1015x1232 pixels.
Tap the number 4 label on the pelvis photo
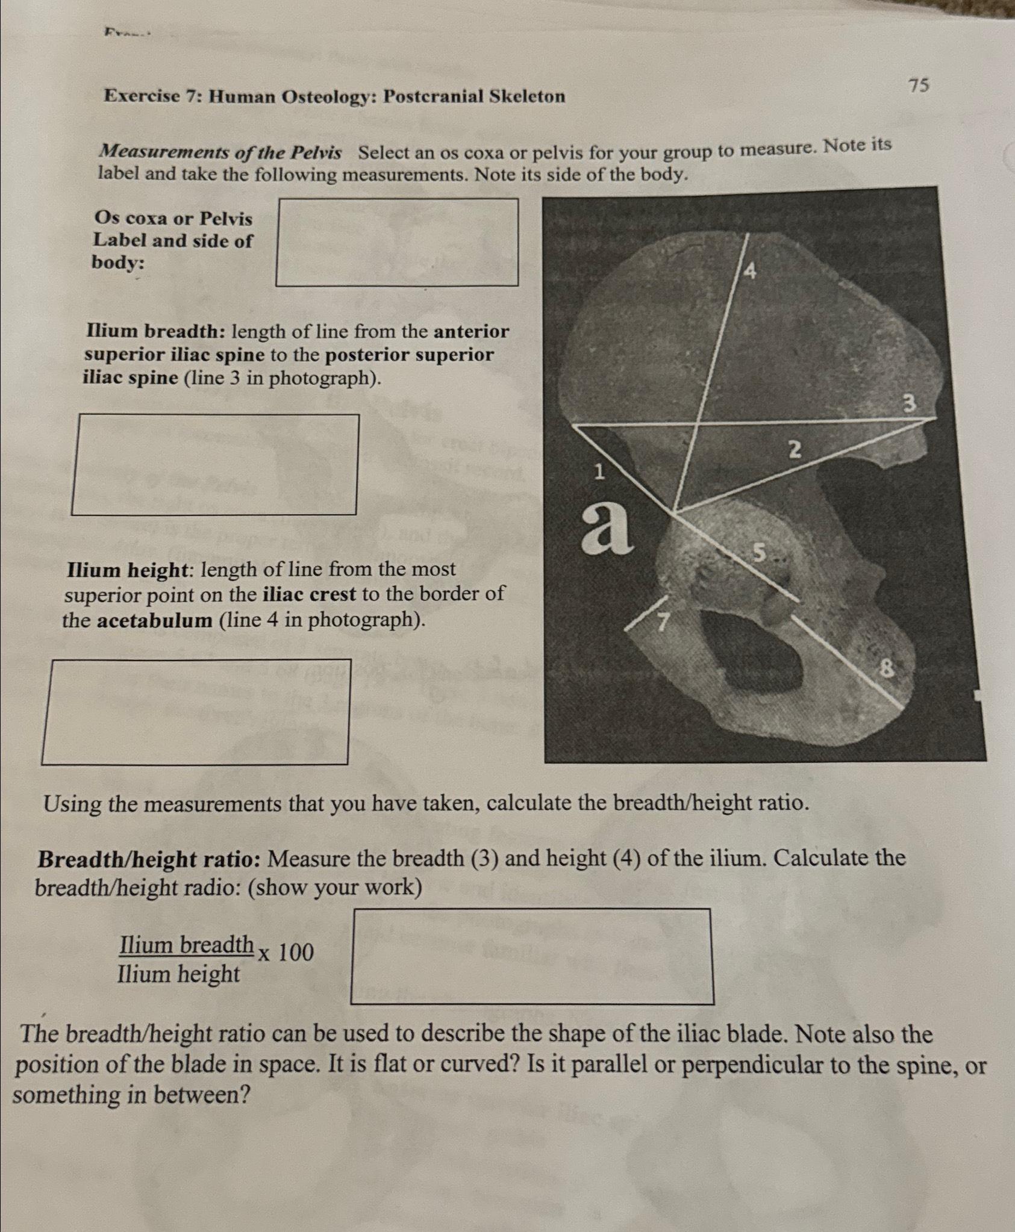coord(750,272)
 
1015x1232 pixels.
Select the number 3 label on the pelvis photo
coord(910,403)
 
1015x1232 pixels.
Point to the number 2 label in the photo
coord(795,450)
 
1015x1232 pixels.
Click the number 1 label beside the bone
coord(598,473)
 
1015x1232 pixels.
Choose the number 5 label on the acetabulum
coord(760,552)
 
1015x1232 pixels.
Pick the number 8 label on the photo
coord(885,668)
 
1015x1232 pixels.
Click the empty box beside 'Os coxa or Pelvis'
coord(397,242)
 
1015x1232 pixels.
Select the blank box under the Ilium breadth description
coord(215,464)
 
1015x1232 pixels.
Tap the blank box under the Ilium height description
coord(196,712)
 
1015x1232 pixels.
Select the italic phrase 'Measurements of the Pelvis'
coord(220,153)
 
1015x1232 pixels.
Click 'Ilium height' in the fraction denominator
coord(178,974)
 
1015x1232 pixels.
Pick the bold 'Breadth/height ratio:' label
coord(149,859)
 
